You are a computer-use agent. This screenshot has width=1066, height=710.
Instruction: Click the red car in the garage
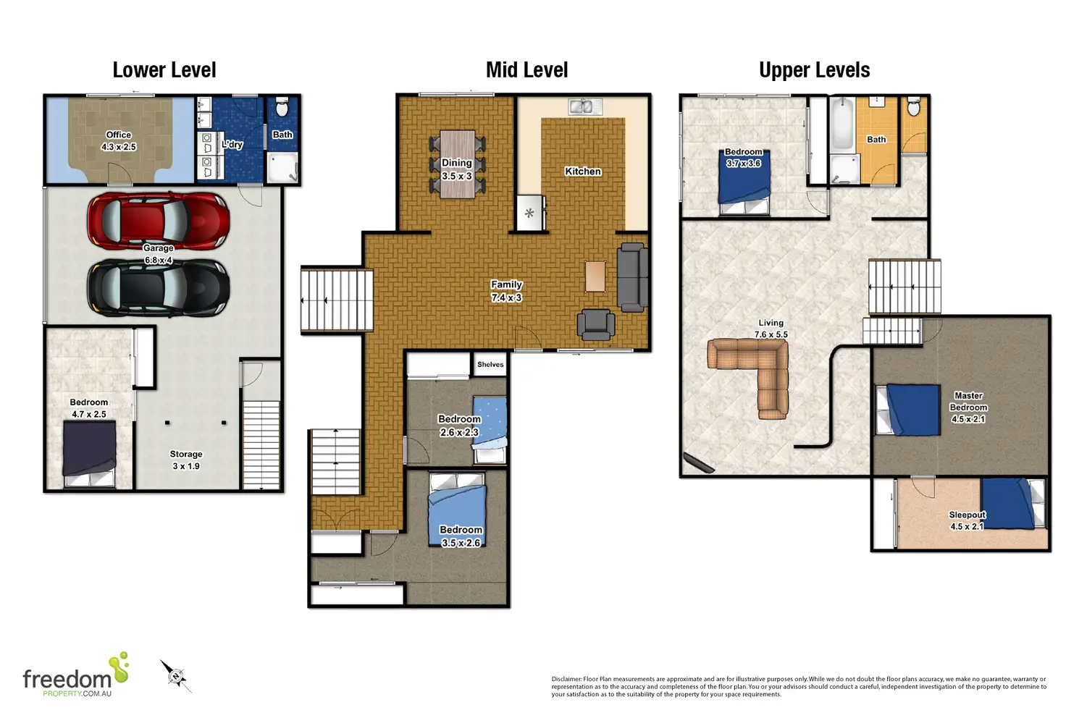pyautogui.click(x=159, y=221)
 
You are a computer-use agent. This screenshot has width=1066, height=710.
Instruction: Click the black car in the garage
pyautogui.click(x=159, y=288)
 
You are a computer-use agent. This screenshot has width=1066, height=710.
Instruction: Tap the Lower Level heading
pyautogui.click(x=164, y=70)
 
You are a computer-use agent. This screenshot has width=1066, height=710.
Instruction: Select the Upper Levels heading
pyautogui.click(x=814, y=70)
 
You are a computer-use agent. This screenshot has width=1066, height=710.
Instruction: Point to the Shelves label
pyautogui.click(x=490, y=364)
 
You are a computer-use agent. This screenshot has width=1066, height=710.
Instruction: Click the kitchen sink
pyautogui.click(x=585, y=106)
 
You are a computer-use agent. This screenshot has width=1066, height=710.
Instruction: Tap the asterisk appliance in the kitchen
pyautogui.click(x=529, y=213)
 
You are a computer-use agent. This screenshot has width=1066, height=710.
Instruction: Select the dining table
pyautogui.click(x=458, y=164)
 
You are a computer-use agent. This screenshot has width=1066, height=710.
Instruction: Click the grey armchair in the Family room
pyautogui.click(x=596, y=325)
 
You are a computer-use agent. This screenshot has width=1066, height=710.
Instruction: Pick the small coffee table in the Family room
pyautogui.click(x=595, y=276)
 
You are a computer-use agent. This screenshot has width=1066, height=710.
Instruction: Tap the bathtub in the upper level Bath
pyautogui.click(x=842, y=124)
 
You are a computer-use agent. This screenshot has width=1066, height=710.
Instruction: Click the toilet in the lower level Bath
pyautogui.click(x=282, y=108)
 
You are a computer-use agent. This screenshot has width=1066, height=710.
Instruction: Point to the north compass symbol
pyautogui.click(x=176, y=676)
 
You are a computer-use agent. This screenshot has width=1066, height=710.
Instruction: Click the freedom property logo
pyautogui.click(x=76, y=675)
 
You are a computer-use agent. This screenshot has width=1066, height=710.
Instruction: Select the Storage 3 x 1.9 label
pyautogui.click(x=186, y=460)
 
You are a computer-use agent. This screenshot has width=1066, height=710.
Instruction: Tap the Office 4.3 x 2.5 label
pyautogui.click(x=119, y=140)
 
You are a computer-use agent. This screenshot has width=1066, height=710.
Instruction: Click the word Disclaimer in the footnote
pyautogui.click(x=566, y=679)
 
